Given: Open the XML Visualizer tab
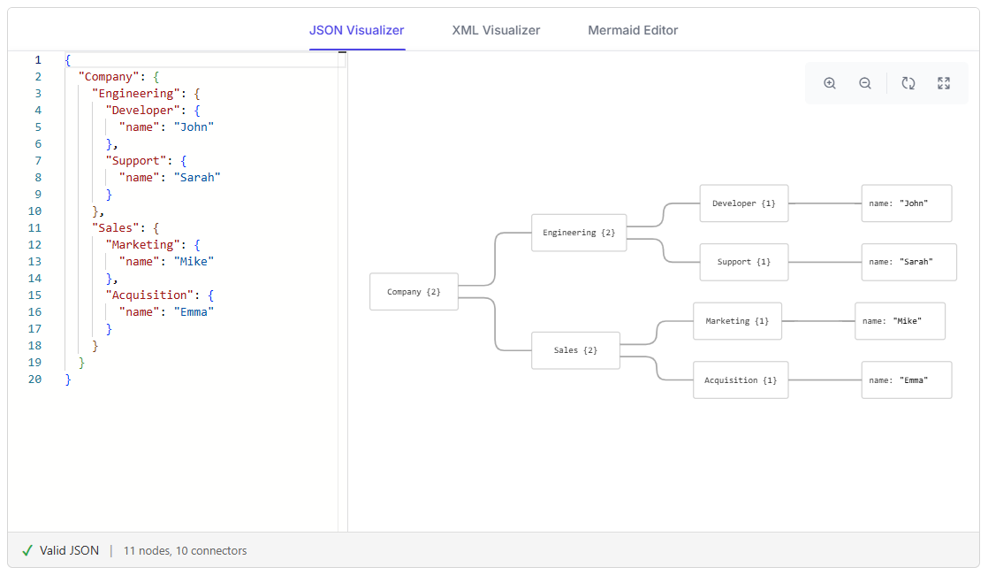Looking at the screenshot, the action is (x=496, y=30).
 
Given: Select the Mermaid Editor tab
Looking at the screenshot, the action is (x=633, y=30).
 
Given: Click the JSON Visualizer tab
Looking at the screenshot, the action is (x=357, y=30).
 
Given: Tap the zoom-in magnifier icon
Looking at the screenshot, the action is (x=830, y=83).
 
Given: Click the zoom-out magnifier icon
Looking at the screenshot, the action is (x=865, y=83).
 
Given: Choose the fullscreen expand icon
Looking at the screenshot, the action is (x=943, y=83).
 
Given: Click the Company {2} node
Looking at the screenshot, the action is (x=414, y=291).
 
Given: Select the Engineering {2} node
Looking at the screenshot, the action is (x=579, y=233).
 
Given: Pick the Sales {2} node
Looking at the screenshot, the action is (x=576, y=350).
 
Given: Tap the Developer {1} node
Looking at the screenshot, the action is (x=744, y=203).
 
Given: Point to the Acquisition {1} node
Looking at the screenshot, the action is (x=741, y=379).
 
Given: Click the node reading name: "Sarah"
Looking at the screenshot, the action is (x=909, y=262).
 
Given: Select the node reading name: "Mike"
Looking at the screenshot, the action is (x=900, y=321).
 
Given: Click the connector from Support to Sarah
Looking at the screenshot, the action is (x=825, y=262).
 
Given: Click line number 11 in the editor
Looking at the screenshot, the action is (x=34, y=227).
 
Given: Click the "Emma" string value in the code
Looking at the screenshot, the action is (x=194, y=311).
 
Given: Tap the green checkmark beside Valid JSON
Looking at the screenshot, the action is (x=27, y=550).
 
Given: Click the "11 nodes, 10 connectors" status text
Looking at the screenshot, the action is (x=186, y=550).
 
